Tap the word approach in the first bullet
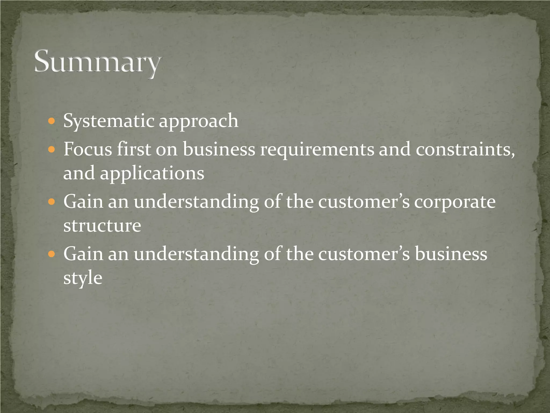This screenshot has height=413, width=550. pos(198,121)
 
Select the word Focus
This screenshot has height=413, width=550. pos(88,149)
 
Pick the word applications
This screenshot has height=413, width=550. pos(152,173)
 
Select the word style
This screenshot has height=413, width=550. pos(83,278)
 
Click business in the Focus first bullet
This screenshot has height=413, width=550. pos(219,149)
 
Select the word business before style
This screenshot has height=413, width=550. pos(451,254)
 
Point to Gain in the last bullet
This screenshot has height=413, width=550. pos(83,254)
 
